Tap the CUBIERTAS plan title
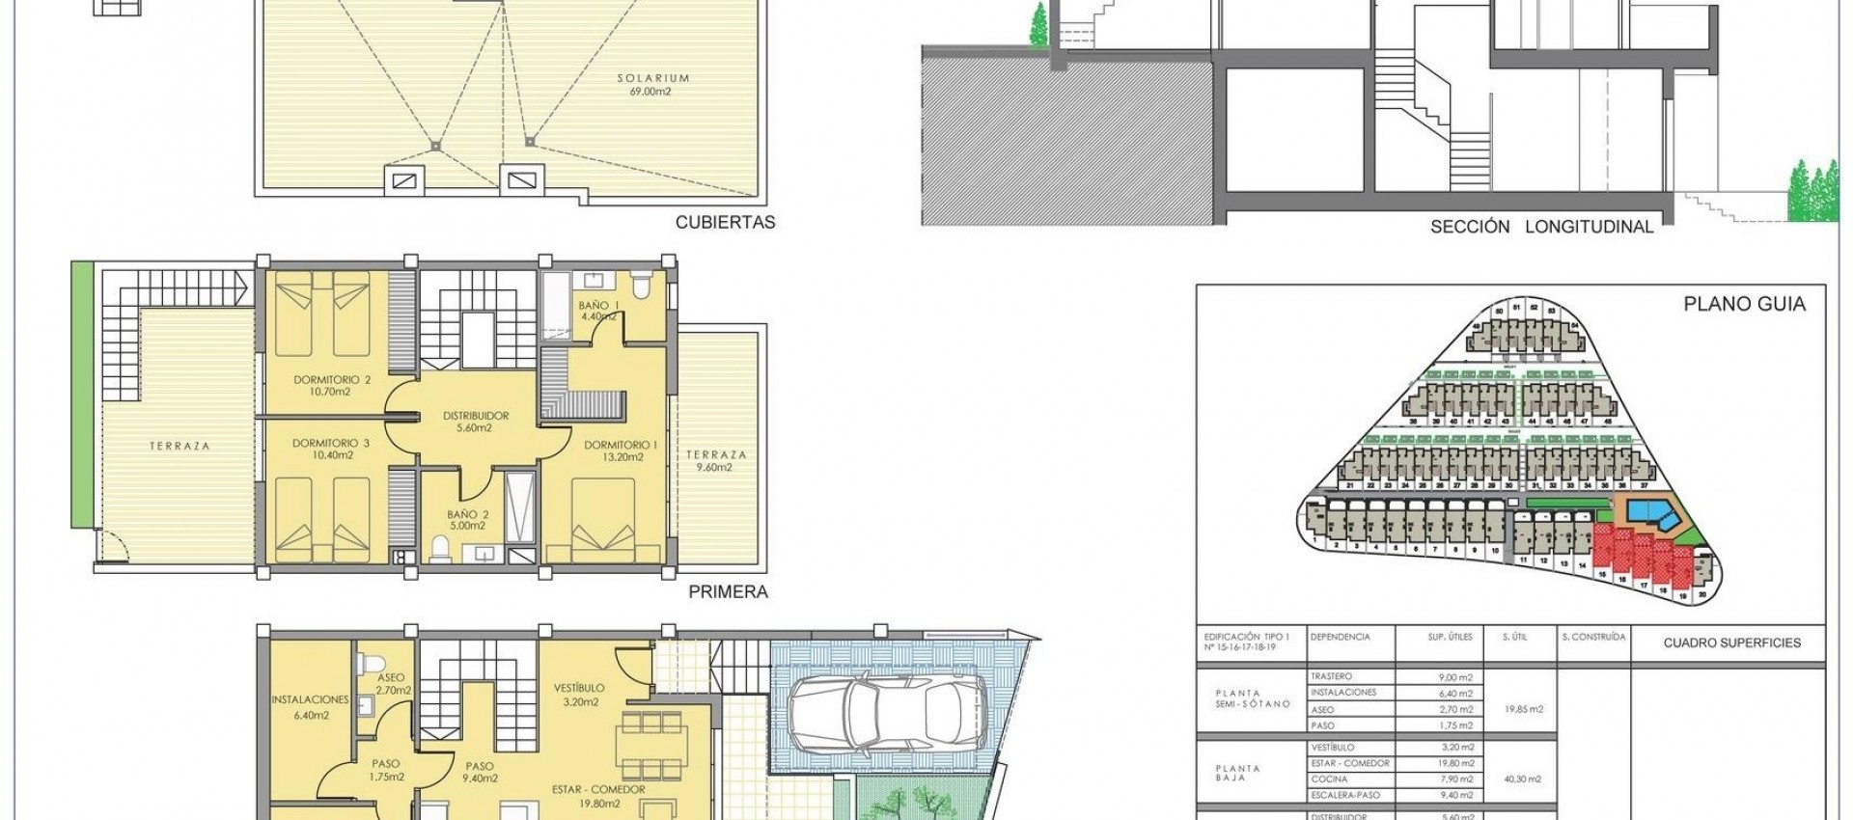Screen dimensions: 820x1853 coord(725,222)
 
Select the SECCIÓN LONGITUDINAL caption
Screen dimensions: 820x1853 coord(1541,227)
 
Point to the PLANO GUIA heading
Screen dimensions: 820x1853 coord(1744,304)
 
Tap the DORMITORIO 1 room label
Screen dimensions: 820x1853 coord(621,445)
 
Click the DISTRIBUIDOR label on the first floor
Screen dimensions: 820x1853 coord(475,416)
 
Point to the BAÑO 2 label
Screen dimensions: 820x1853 coord(466,514)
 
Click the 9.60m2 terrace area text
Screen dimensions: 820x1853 coord(716,468)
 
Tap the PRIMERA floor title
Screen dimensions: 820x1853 coord(728,592)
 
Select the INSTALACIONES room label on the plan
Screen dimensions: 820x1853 coord(310,699)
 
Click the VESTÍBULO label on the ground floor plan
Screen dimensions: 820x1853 coord(579,688)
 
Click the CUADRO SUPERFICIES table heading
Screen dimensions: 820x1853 coord(1731,642)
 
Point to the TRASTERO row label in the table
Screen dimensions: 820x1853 coord(1332,677)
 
